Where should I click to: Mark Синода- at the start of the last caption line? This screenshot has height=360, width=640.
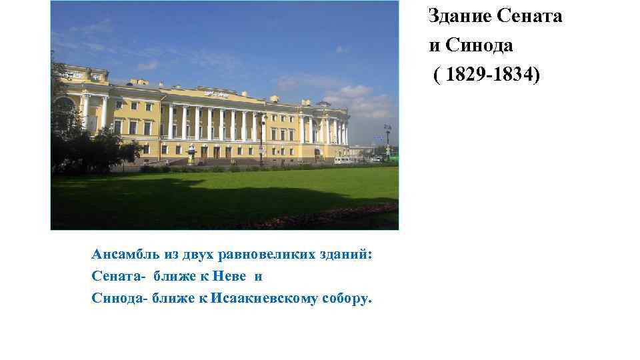pyautogui.click(x=119, y=297)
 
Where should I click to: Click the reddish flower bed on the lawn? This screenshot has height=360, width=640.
pyautogui.click(x=333, y=216)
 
